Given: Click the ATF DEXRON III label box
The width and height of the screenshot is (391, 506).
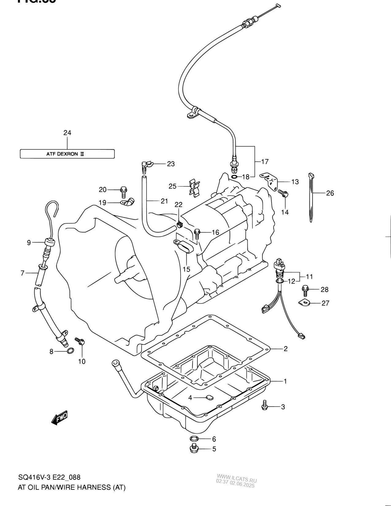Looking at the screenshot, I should [67, 154].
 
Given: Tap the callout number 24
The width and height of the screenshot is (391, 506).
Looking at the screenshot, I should [67, 133].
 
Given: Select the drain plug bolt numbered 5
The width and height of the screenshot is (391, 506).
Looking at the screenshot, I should [194, 448].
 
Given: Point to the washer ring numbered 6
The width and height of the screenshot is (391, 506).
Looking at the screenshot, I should [194, 439].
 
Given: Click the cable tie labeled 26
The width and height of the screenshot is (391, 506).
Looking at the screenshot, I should [311, 196].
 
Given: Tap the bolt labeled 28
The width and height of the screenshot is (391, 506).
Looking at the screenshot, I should [305, 289].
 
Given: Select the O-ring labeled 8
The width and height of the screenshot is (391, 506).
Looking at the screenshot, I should [70, 351].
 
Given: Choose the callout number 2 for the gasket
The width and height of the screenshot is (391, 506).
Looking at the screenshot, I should [286, 349].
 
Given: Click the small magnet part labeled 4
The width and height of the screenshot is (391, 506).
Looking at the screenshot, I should [209, 397].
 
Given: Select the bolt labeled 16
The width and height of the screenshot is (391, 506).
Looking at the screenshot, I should [197, 234].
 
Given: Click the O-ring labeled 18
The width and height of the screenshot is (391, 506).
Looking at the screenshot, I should [234, 177].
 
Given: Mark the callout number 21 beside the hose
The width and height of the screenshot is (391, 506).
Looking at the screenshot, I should [164, 201].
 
